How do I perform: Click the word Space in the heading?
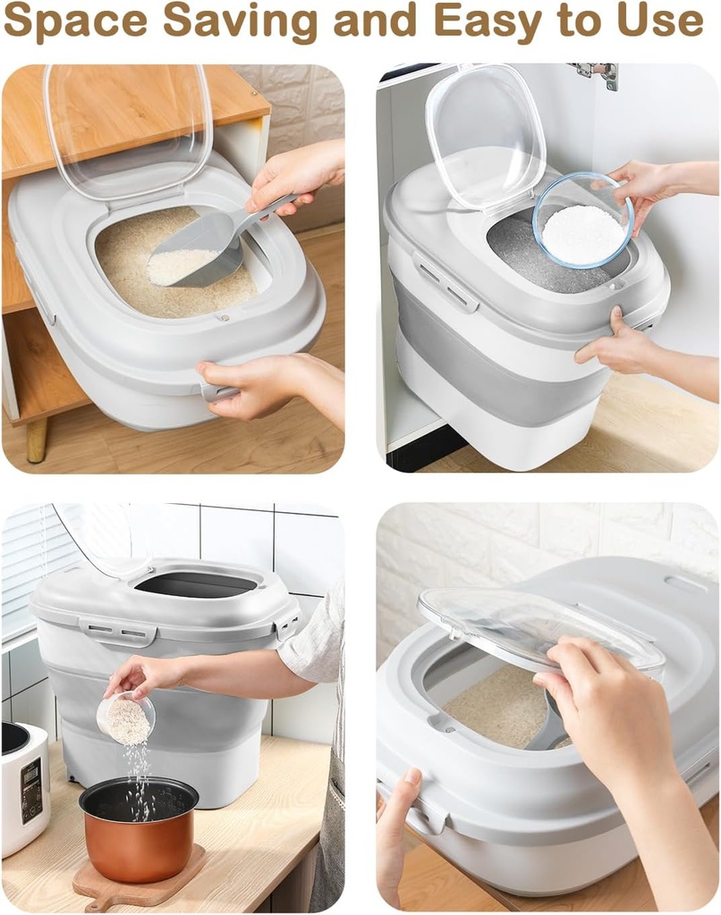click(75, 21)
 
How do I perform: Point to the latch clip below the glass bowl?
click(445, 288)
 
